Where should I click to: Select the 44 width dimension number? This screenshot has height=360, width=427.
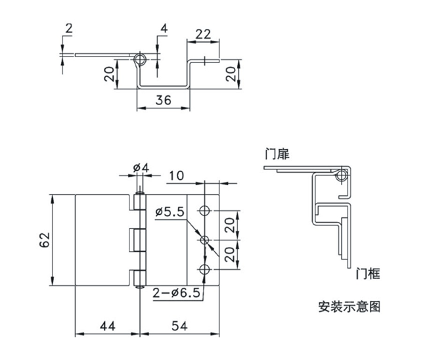point(108,325)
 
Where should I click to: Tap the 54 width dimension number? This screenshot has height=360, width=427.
point(179,325)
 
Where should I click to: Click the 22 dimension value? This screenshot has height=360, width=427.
point(202,34)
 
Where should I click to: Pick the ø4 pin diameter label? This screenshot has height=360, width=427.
point(141,168)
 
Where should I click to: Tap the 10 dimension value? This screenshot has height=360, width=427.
point(176,176)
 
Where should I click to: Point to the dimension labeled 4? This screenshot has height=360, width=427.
point(163,28)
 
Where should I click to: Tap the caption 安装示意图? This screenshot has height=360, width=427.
point(348,306)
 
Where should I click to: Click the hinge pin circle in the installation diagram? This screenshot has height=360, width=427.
point(341,175)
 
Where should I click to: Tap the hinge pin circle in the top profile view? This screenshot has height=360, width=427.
point(139,60)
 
